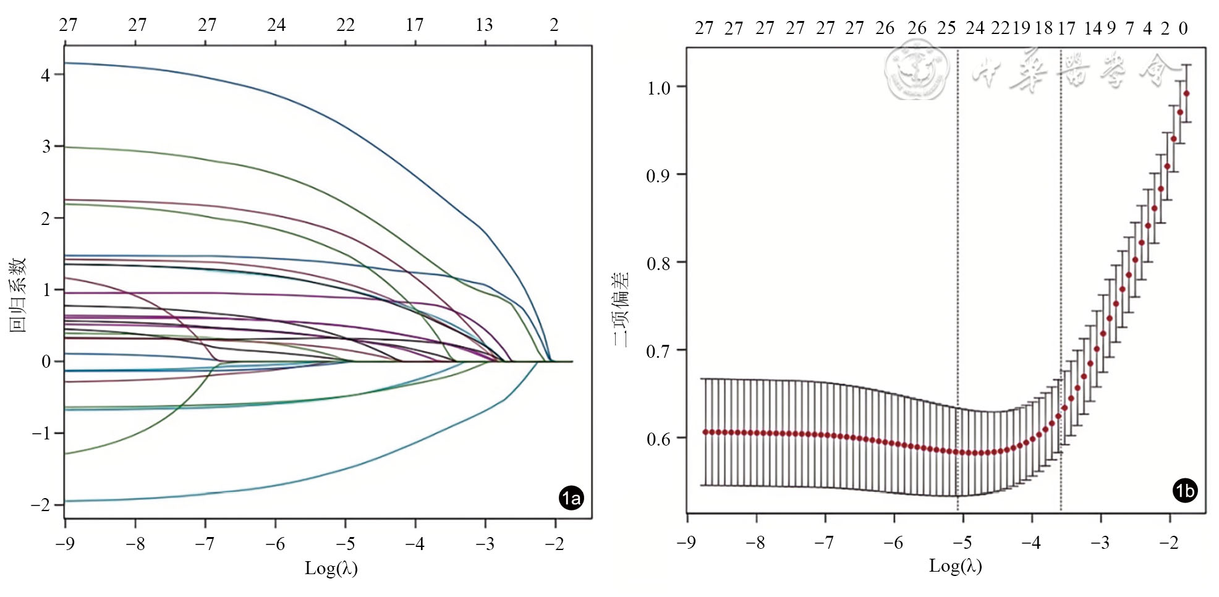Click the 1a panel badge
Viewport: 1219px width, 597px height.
click(571, 497)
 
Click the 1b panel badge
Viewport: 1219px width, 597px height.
click(1184, 491)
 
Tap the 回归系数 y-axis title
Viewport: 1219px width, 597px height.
click(17, 295)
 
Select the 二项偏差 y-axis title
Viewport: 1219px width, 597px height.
click(621, 309)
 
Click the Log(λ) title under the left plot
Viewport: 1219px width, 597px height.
click(331, 568)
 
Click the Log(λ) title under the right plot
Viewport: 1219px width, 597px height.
click(955, 565)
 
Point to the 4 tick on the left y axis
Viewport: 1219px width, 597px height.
click(46, 75)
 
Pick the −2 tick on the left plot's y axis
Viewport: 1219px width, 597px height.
click(41, 505)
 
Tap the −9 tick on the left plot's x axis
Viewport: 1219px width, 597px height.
click(65, 544)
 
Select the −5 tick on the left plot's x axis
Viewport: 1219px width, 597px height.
click(346, 544)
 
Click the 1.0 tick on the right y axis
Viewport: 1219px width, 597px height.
click(658, 88)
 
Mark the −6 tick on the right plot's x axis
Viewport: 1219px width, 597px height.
click(893, 543)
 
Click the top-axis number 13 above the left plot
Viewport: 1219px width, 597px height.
click(485, 25)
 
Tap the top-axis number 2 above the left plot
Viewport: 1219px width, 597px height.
click(554, 25)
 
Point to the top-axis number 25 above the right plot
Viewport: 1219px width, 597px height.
click(946, 28)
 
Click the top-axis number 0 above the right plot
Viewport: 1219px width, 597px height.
click(1183, 28)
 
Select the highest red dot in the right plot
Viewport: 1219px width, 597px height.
click(1186, 94)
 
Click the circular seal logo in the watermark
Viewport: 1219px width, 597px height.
click(917, 69)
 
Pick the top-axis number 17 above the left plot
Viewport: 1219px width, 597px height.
click(415, 25)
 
